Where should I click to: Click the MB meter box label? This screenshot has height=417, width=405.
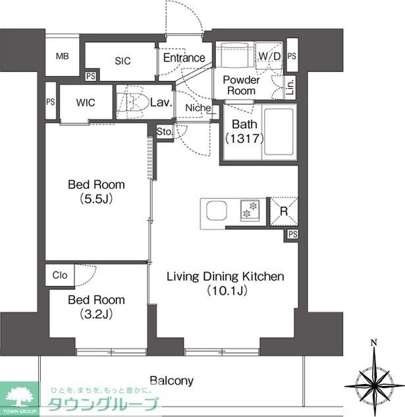62,56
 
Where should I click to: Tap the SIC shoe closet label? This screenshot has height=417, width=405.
122,61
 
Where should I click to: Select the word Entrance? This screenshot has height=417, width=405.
184,58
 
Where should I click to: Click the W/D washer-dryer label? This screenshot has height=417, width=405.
269,56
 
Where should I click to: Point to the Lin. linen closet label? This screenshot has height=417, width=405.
290,87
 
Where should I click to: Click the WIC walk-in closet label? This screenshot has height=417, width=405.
86,102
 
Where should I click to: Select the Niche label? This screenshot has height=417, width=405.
198,107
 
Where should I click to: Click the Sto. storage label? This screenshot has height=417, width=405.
165,131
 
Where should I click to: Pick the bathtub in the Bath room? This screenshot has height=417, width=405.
279,131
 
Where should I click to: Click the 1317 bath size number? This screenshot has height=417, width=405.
244,138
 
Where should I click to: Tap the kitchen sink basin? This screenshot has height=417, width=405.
217,210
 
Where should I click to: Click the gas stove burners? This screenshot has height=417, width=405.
250,210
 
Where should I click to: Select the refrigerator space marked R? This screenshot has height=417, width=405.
284,211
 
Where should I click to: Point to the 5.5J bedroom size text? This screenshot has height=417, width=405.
96,199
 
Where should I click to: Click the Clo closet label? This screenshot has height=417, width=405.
60,275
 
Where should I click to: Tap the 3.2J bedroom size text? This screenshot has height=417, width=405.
96,314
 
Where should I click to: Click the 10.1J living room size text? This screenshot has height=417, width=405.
227,291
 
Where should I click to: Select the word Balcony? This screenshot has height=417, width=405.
171,381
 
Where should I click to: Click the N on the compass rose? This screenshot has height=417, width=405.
374,343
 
